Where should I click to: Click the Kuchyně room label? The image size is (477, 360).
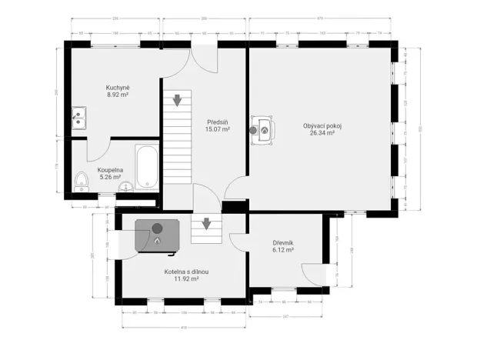coord(117,88)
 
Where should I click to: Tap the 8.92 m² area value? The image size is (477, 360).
coord(117,95)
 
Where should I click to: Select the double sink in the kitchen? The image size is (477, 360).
coord(78,118)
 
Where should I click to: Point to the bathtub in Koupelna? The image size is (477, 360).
coord(147,166)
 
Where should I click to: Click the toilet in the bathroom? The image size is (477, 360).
coord(82,181)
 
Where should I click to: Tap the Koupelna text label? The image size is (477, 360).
coord(110,169)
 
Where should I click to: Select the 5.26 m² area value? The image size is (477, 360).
coord(110,177)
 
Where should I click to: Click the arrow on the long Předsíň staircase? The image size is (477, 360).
coord(177,99)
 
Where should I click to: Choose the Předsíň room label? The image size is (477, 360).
coord(218,122)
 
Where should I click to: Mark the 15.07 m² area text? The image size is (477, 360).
coord(218,129)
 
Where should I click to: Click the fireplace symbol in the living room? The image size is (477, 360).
coord(262,128)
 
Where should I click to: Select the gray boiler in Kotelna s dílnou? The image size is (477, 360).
coord(158,235)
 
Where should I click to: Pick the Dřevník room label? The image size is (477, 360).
coord(283,242)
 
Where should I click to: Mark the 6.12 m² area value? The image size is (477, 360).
coord(283,250)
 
